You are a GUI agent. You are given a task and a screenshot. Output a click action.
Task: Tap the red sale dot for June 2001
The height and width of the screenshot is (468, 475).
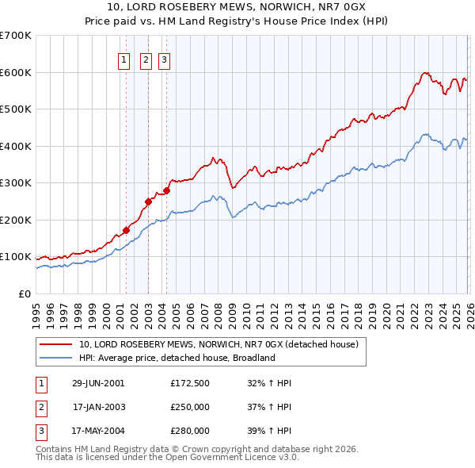pyautogui.click(x=126, y=230)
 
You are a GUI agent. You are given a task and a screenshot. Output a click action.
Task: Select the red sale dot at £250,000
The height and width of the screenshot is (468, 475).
pyautogui.click(x=148, y=201)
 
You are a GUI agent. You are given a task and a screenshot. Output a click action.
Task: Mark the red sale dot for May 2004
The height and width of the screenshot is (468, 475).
pyautogui.click(x=166, y=190)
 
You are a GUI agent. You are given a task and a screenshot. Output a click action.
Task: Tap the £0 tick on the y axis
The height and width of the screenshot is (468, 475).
pyautogui.click(x=24, y=293)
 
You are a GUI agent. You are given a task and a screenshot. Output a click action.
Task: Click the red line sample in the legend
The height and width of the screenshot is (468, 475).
pyautogui.click(x=56, y=345)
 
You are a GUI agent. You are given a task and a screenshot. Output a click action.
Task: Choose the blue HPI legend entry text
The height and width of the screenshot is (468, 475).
pyautogui.click(x=176, y=358)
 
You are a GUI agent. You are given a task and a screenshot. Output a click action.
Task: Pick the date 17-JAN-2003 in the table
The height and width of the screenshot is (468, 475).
pyautogui.click(x=98, y=407)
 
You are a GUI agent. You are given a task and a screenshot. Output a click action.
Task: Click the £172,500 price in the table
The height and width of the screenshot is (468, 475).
pyautogui.click(x=189, y=382)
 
